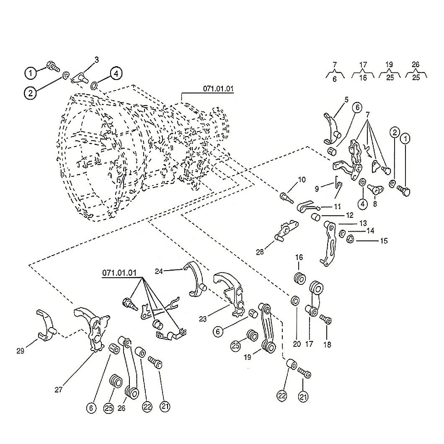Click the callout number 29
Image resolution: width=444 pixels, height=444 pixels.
click(x=21, y=351)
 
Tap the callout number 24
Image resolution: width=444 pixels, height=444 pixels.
click(x=159, y=271)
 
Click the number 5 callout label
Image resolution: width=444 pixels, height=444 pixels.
click(x=346, y=100)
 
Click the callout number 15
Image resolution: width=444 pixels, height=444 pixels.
click(x=384, y=241)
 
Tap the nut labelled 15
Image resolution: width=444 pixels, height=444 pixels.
click(x=350, y=239)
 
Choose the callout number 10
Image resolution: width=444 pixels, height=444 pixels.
click(x=302, y=180)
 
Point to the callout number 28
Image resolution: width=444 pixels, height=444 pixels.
click(x=260, y=252)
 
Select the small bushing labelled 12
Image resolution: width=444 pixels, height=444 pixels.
click(x=316, y=217)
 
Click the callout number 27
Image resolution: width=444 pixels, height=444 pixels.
click(x=58, y=390)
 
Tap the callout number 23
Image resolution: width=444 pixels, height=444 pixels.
click(x=203, y=319)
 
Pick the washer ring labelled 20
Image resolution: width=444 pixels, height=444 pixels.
click(x=295, y=300)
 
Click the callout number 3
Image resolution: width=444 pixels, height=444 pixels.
click(x=97, y=60)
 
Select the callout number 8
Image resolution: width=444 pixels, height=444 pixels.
click(x=375, y=204)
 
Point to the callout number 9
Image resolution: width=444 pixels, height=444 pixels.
click(x=317, y=188)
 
